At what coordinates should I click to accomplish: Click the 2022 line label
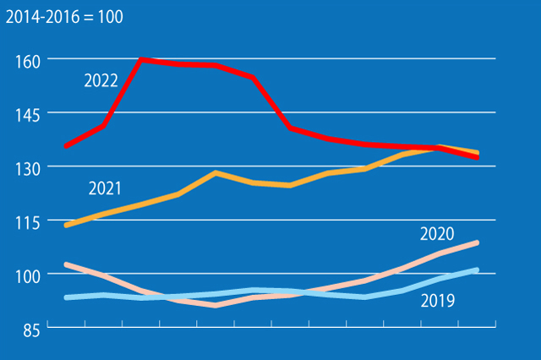(101, 81)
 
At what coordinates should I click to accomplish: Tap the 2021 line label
(105, 188)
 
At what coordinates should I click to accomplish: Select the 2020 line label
(437, 234)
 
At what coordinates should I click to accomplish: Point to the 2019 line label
(438, 300)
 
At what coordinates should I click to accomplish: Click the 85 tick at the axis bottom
(30, 330)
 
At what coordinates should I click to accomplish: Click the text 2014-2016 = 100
(64, 17)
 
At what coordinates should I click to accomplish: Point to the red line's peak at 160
(140, 59)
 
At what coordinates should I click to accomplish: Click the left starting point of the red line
(66, 146)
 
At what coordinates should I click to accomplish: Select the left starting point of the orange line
(66, 226)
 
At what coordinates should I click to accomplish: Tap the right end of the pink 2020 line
(478, 243)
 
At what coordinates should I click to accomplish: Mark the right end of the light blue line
(478, 270)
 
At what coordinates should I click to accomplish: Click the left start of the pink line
(66, 265)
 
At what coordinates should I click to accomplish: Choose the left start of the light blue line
(66, 297)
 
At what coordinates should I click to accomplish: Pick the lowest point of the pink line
(216, 305)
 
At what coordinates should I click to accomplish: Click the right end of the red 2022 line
(478, 157)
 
